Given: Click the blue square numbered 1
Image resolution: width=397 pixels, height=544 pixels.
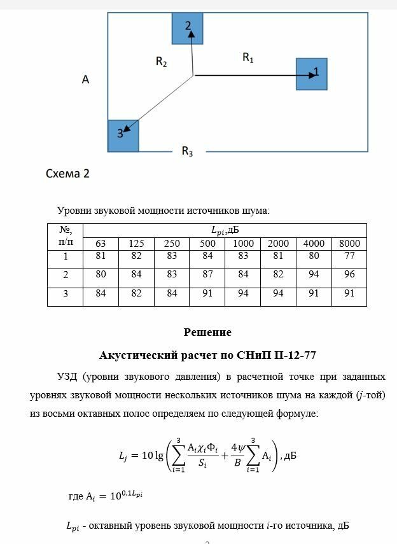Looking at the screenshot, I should point(311,74).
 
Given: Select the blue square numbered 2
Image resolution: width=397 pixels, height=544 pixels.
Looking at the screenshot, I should point(188,28).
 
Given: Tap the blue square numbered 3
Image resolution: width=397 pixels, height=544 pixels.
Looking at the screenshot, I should point(123,135).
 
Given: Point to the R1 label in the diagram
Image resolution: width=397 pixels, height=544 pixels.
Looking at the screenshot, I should point(248,58).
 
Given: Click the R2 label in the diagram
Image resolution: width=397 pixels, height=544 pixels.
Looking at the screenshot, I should point(162,62).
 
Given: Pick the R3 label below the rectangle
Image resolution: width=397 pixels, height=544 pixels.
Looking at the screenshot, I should point(187,151).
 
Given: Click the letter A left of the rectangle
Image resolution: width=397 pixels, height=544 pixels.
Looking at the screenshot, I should point(85,80).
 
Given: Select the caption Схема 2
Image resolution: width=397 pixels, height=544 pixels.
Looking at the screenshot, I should point(67,174).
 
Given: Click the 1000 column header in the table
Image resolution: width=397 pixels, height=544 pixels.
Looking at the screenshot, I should point(243,244).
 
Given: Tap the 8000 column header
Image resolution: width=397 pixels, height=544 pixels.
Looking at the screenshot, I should point(349,244).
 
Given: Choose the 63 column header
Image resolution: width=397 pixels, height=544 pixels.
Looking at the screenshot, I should point(101,244).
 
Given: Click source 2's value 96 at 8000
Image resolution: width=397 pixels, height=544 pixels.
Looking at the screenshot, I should point(349,274).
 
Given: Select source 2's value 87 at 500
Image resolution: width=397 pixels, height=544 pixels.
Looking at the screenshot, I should point(207,274).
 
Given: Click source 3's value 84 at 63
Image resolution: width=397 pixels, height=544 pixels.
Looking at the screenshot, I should point(101,293).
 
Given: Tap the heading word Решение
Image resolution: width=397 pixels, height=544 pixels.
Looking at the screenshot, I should point(207,332).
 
